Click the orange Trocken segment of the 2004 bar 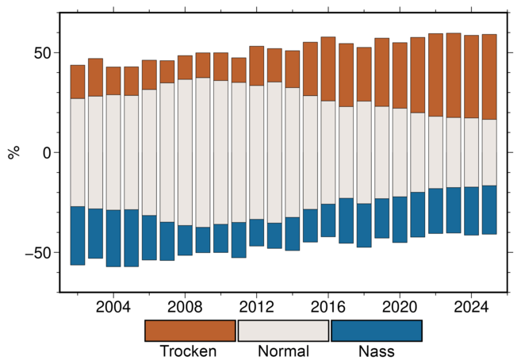[113, 81]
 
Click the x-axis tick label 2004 [113, 306]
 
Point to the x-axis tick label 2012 [256, 306]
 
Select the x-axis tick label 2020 [400, 306]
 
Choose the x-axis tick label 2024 [471, 306]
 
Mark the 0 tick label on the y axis [47, 152]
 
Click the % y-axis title [13, 152]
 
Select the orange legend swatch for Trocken [190, 331]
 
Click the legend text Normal [283, 351]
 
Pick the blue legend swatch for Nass [376, 331]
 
